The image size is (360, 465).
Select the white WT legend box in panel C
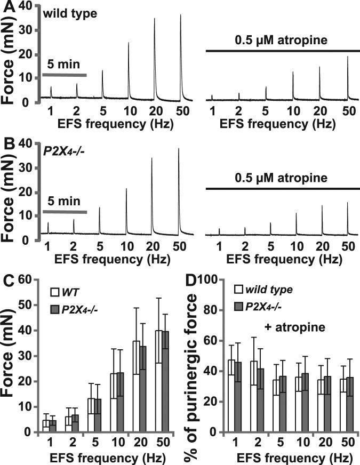(54, 292)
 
